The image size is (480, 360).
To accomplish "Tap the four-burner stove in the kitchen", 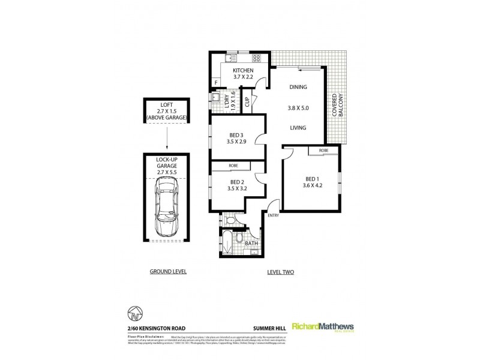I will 257,58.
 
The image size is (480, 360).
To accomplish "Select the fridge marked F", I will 215,83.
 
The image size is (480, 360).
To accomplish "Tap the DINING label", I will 298,87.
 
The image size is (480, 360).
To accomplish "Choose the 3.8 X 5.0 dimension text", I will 298,107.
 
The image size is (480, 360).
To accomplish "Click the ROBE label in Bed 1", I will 323,150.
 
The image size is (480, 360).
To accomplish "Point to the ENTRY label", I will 273,215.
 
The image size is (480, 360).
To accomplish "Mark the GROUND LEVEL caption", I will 168,272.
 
